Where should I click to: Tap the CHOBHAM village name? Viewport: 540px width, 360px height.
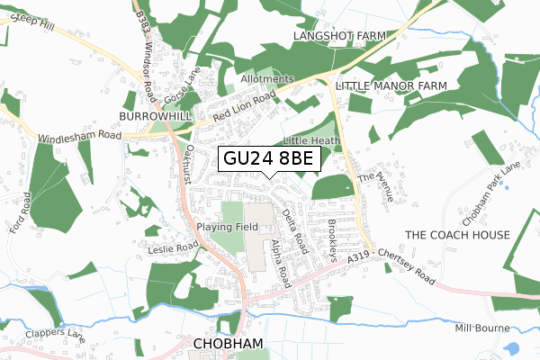point(227,344)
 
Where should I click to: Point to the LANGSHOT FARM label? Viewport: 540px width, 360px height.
point(339,35)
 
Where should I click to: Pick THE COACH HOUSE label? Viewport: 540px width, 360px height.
point(457,235)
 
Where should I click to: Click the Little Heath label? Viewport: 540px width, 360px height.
point(311,141)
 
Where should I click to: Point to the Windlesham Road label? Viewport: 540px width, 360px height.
point(78,135)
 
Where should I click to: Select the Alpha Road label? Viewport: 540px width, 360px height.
point(281,262)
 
